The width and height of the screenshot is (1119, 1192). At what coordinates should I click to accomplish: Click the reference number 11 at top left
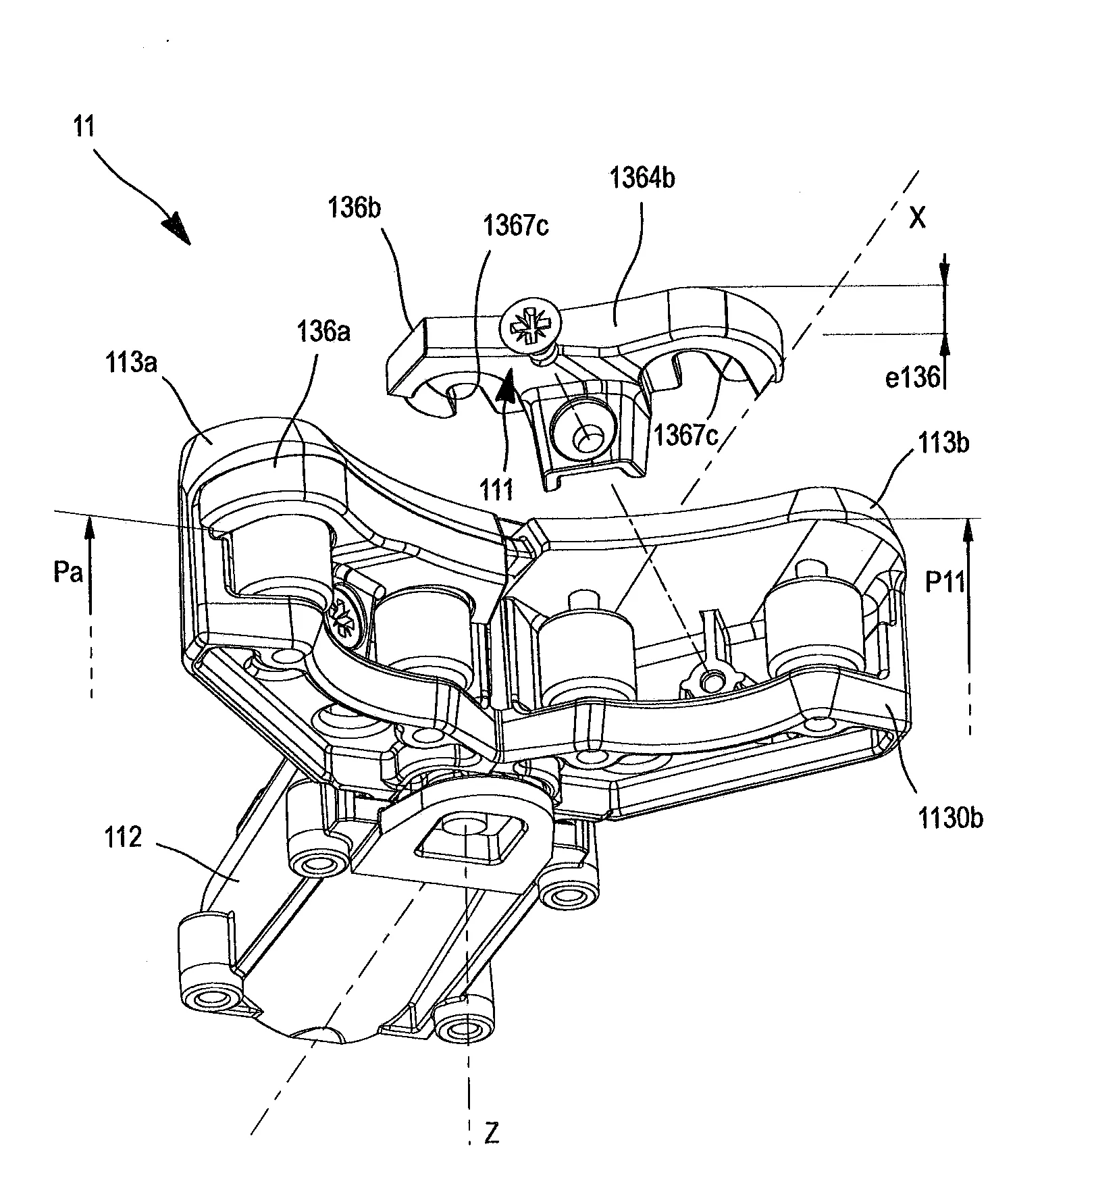pos(84,128)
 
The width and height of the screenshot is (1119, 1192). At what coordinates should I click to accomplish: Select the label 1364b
pos(642,178)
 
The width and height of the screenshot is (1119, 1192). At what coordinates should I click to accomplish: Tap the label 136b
pos(355,207)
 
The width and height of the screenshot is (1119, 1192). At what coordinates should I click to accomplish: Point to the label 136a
pos(324,332)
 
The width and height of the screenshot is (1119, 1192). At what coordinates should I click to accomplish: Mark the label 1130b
pos(950,819)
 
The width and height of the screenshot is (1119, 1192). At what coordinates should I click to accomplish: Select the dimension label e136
pos(912,378)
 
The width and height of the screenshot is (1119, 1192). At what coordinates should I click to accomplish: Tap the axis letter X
pos(916,218)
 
